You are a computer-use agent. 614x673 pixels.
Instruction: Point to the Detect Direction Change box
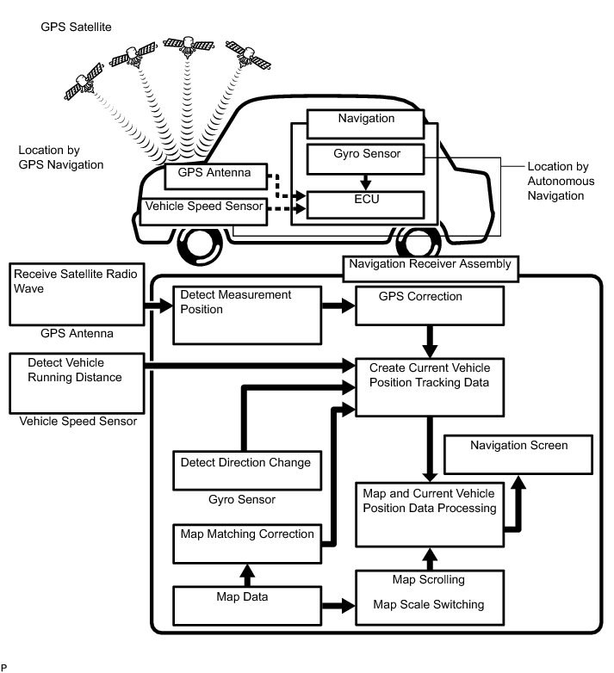[x=247, y=470]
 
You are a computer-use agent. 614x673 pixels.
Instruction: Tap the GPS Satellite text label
[x=77, y=28]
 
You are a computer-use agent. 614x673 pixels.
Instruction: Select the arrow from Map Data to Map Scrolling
[x=340, y=606]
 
